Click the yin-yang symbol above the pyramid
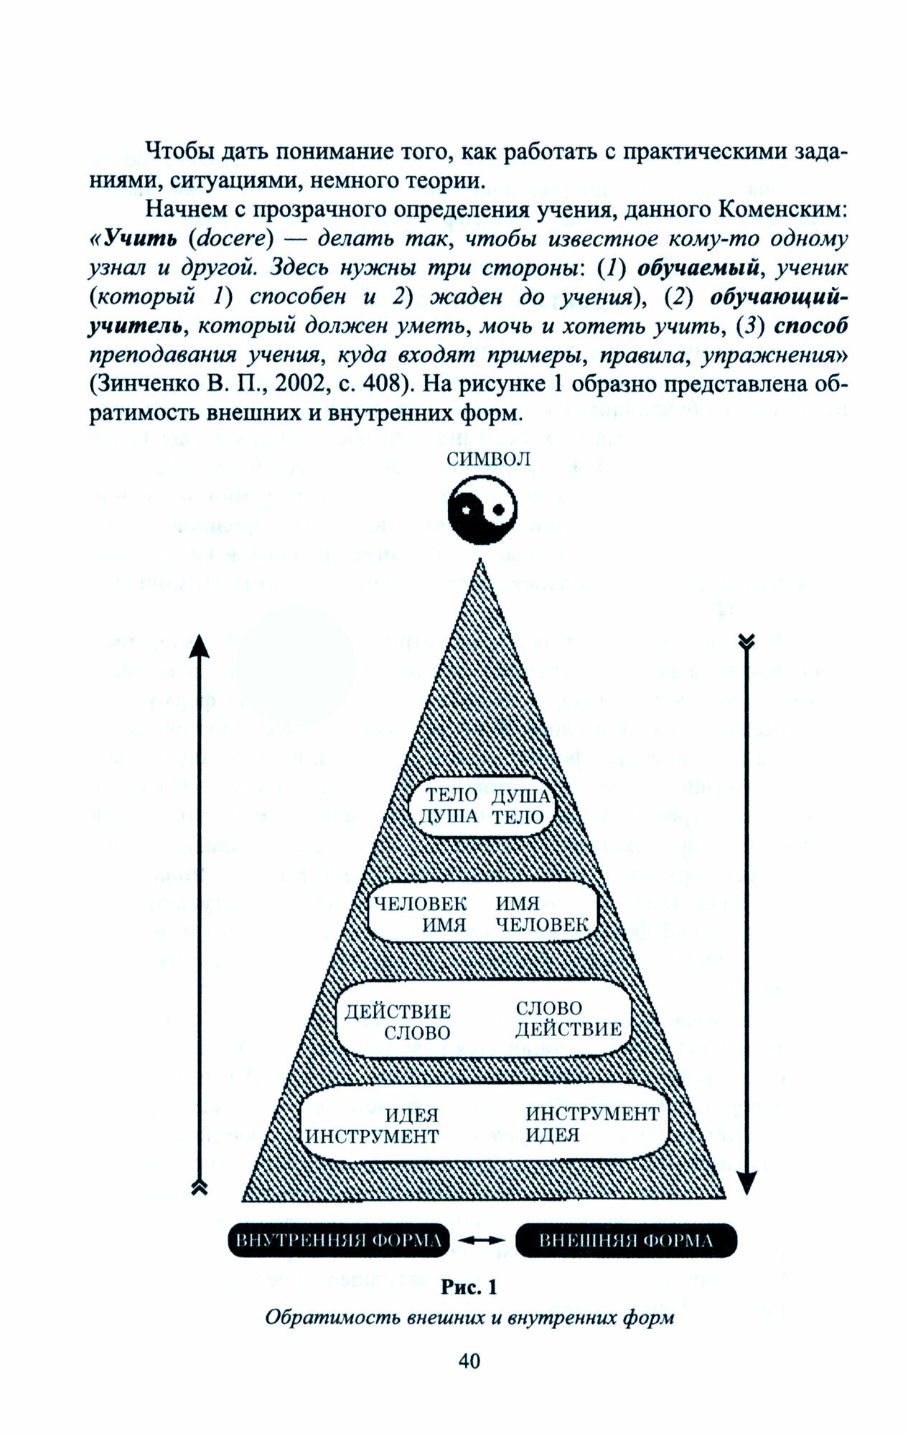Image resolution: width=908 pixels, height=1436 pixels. (x=482, y=510)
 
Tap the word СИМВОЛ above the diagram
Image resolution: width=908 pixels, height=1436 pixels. (x=488, y=460)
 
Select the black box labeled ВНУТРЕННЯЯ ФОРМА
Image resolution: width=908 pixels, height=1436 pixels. (x=339, y=1241)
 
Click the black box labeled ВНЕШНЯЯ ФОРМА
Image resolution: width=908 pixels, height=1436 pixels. (x=626, y=1241)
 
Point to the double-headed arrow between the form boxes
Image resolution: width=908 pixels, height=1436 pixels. (x=482, y=1241)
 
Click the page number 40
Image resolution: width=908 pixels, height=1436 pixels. (x=469, y=1361)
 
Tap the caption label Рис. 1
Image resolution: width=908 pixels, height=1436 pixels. (x=469, y=1287)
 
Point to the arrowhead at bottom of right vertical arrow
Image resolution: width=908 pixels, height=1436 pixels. (x=746, y=1181)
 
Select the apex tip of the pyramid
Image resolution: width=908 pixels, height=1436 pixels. (x=480, y=561)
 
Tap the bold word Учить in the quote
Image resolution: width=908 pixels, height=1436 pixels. (x=141, y=238)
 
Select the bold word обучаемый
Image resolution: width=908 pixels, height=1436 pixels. (x=698, y=268)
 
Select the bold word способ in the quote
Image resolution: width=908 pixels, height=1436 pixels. (x=811, y=326)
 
